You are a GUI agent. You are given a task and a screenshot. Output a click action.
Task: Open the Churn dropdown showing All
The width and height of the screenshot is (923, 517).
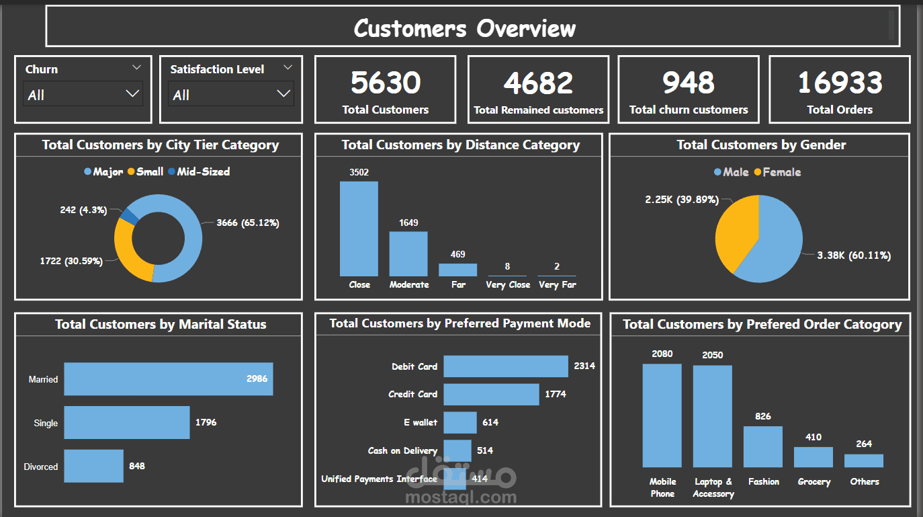[x=83, y=94]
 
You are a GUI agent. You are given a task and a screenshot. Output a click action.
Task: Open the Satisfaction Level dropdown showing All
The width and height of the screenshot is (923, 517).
[x=230, y=94]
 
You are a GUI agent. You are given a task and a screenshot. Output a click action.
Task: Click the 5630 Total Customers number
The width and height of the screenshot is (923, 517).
[x=386, y=83]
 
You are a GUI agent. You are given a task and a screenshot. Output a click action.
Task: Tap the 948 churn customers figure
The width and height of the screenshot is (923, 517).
[x=688, y=83]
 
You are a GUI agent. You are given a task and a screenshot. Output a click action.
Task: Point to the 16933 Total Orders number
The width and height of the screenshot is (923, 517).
[x=839, y=83]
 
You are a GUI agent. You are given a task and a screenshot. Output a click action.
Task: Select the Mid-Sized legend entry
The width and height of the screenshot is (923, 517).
[x=203, y=171]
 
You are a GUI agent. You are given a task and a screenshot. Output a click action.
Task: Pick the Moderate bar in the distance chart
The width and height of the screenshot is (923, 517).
[x=408, y=253]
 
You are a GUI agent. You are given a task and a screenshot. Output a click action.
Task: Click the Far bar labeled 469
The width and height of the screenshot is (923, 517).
[x=458, y=270]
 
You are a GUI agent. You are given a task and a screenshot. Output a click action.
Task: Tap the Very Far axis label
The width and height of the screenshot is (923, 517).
[x=557, y=284]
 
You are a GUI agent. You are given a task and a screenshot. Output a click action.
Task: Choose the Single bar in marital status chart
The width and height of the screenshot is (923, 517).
[x=126, y=423]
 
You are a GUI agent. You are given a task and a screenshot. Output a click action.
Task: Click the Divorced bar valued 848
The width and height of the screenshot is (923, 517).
[x=93, y=466]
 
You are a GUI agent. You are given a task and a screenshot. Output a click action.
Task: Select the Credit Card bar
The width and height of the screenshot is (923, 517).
[x=491, y=395]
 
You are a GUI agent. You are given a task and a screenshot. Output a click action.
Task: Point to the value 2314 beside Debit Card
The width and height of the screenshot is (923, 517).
[x=584, y=366]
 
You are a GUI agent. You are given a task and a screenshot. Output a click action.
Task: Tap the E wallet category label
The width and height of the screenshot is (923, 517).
[x=420, y=422]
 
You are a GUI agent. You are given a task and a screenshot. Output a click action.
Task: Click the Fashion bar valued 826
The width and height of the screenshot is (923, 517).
[x=762, y=446]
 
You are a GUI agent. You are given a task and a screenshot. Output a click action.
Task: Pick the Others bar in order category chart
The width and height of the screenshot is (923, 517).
[x=864, y=461]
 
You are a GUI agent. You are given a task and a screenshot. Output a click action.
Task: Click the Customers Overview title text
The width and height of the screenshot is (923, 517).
[x=465, y=28]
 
